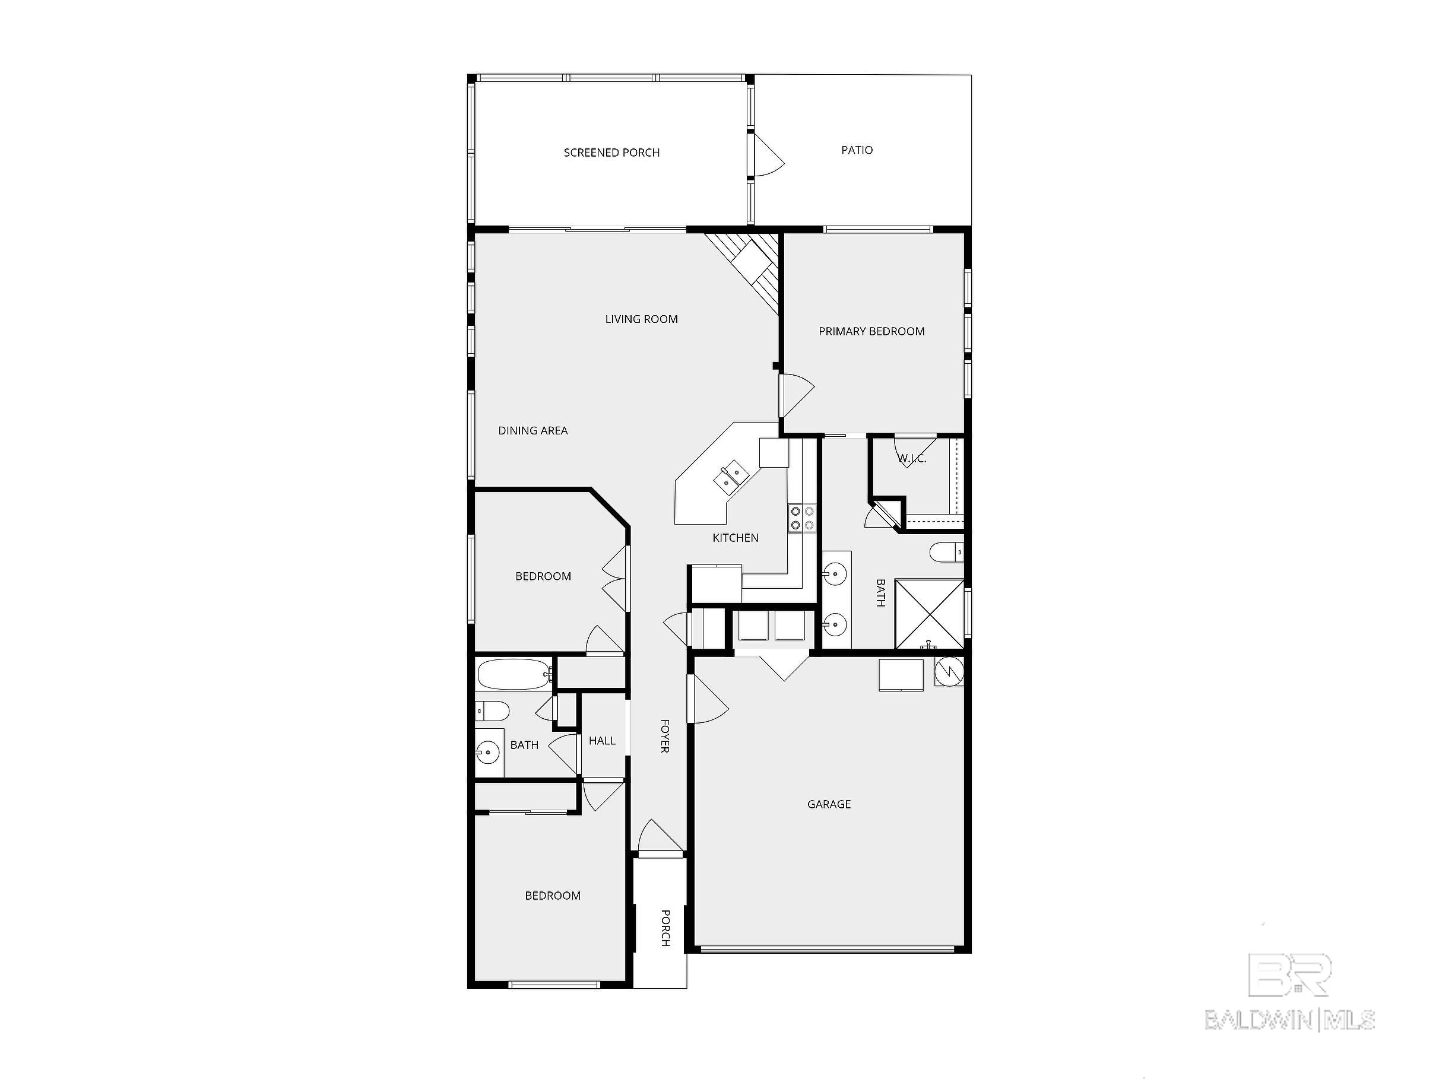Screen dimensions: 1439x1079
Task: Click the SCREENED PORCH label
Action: (x=611, y=153)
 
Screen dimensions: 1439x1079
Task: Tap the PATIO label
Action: (x=857, y=150)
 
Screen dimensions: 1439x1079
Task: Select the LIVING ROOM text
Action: (x=641, y=319)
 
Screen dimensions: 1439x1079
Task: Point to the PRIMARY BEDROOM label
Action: (x=871, y=332)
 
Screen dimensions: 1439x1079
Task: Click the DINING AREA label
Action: (x=533, y=430)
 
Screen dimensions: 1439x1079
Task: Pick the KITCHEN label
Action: (x=735, y=538)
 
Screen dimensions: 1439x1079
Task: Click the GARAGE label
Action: (x=829, y=805)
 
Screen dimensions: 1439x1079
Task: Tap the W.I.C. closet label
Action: (x=912, y=459)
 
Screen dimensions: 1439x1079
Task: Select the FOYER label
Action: (x=665, y=735)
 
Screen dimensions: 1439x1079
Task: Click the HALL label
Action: (x=602, y=741)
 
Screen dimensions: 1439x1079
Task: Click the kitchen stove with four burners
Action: (x=801, y=518)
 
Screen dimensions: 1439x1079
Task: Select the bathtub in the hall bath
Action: (x=515, y=674)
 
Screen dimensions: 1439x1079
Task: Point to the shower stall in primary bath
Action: (x=929, y=613)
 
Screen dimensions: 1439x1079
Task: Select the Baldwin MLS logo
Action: (x=1289, y=992)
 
